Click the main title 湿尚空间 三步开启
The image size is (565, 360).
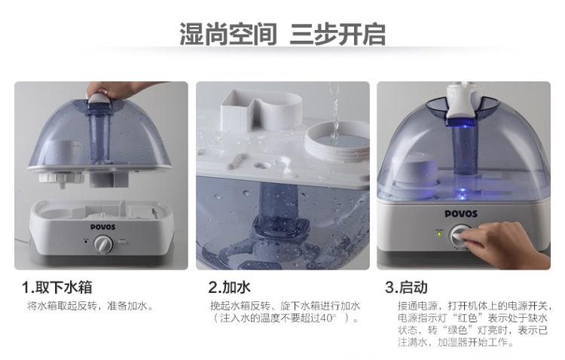282,34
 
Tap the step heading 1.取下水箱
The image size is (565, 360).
57,287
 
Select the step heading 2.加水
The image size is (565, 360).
229,287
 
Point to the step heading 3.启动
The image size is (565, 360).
406,287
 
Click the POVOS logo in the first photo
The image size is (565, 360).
102,227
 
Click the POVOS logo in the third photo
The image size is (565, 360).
461,214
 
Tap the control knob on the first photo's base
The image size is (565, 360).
103,245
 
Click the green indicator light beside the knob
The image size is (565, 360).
439,233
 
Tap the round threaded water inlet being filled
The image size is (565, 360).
337,142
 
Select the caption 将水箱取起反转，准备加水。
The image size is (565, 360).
91,307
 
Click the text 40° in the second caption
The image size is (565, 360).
328,318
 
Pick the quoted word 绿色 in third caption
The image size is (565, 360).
457,330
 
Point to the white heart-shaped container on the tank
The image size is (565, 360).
260,111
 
